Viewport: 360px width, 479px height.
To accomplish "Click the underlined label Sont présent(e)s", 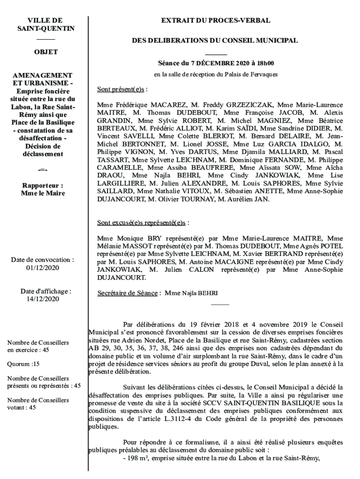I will pos(121,89).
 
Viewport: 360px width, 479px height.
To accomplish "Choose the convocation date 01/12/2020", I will pos(43,268).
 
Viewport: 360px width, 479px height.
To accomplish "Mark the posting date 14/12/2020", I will pos(43,299).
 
